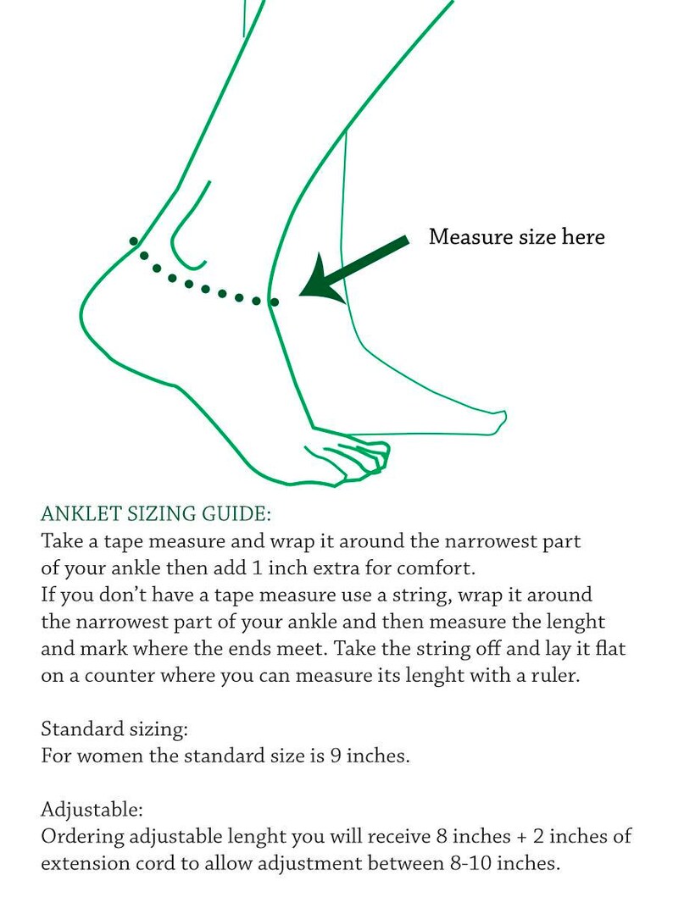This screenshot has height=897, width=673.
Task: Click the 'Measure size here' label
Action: (517, 237)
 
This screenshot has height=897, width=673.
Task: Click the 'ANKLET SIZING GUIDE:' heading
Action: (156, 513)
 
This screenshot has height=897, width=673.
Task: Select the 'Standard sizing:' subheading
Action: (114, 729)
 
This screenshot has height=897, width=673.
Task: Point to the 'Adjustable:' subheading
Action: (92, 810)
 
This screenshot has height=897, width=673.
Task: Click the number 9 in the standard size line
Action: (336, 756)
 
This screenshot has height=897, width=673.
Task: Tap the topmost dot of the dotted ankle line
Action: (133, 241)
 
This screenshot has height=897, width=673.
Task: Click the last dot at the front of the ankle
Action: (275, 302)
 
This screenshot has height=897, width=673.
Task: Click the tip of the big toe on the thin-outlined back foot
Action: (504, 416)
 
